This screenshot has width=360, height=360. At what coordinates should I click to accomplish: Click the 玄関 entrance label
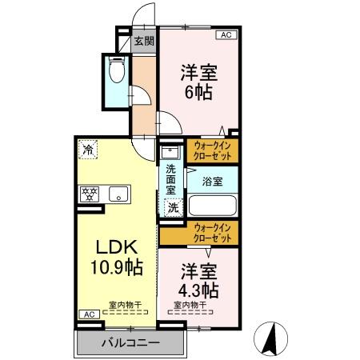click(x=144, y=42)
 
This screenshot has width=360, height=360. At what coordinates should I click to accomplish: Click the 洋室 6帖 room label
click(x=198, y=80)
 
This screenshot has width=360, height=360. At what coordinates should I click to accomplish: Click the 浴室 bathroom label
click(x=212, y=182)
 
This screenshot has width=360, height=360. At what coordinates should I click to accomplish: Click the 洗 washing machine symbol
click(x=172, y=207)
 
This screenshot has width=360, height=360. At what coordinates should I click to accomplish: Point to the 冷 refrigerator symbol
click(x=86, y=149)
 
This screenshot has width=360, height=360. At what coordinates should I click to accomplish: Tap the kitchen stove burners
click(x=87, y=193)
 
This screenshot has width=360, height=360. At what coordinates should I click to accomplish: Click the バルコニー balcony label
click(x=130, y=343)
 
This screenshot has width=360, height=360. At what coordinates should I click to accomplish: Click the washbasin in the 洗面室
click(x=170, y=151)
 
